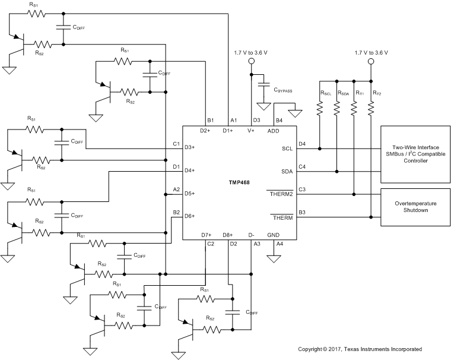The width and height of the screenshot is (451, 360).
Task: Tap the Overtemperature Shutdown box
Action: [x=415, y=207]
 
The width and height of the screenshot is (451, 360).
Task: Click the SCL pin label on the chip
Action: [x=288, y=149]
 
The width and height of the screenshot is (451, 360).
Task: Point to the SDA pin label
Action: [x=288, y=172]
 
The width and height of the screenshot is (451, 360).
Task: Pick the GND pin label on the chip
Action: [x=274, y=235]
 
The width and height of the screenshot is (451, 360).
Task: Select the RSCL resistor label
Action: [x=326, y=93]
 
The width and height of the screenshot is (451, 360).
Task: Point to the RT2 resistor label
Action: [x=377, y=93]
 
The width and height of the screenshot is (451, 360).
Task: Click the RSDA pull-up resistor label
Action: [x=343, y=93]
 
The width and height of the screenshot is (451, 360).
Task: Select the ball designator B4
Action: [x=279, y=121]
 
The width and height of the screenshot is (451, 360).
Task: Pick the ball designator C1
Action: [x=176, y=143]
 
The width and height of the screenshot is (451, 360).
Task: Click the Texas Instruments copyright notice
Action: [x=360, y=349]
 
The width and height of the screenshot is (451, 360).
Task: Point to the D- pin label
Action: [x=252, y=235]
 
